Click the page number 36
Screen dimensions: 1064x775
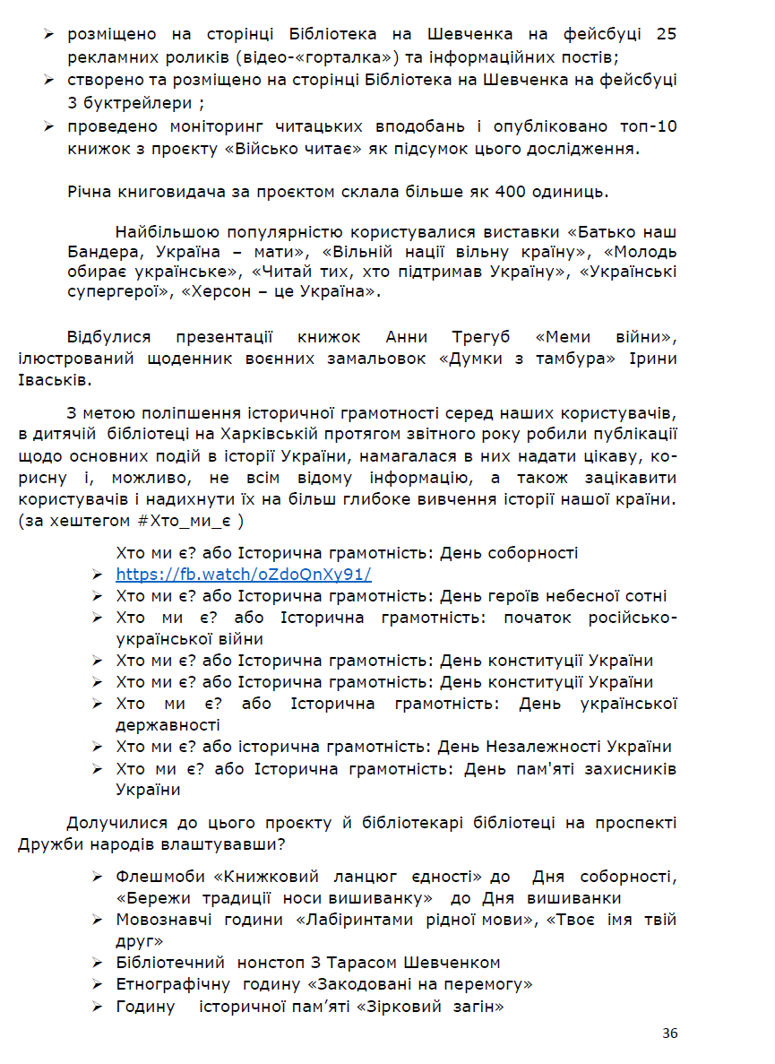click(669, 1034)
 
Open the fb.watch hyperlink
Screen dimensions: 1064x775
click(243, 575)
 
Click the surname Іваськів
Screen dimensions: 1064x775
click(54, 380)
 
